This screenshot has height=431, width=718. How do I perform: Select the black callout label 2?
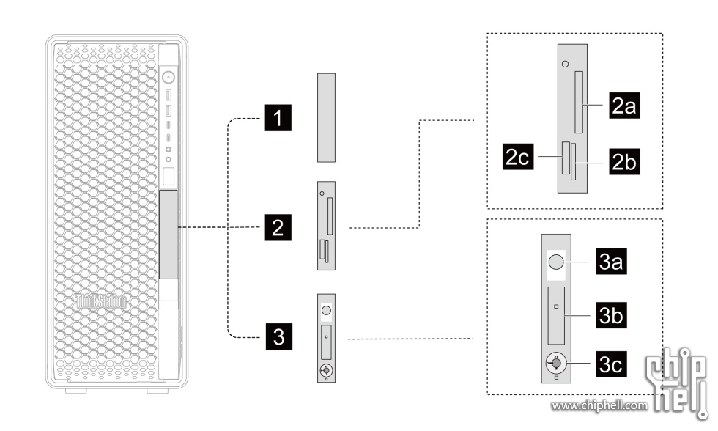(276, 227)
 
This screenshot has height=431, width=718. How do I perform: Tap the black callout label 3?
(276, 337)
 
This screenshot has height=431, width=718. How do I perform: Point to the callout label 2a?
(623, 106)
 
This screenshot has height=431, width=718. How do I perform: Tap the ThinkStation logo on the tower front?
(102, 301)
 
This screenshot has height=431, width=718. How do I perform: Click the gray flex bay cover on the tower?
(169, 235)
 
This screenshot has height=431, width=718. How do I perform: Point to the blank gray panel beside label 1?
(327, 117)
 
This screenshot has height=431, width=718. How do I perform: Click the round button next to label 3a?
(557, 262)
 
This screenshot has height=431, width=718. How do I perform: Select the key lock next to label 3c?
(558, 362)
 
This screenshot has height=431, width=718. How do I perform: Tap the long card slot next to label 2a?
(580, 101)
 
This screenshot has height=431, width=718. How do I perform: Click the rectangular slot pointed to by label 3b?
(557, 316)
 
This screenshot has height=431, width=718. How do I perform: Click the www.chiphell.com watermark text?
(599, 405)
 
